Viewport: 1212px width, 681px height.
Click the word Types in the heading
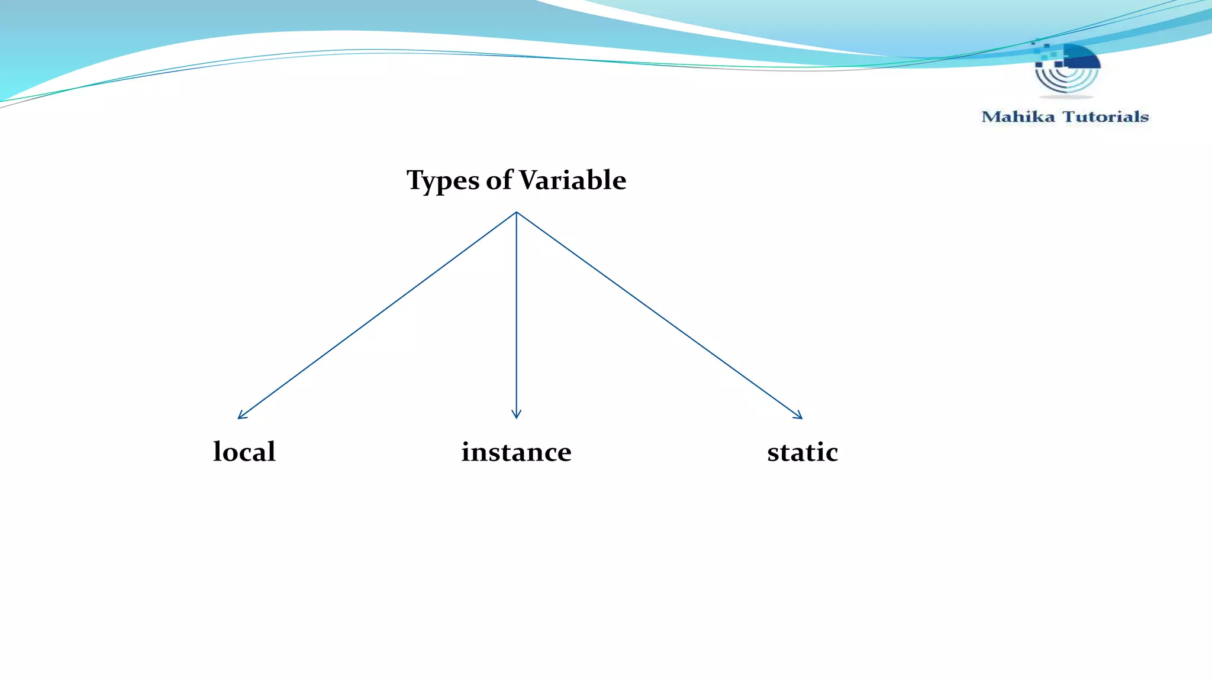(443, 180)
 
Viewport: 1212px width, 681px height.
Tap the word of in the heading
(499, 180)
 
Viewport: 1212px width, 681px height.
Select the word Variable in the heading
(572, 180)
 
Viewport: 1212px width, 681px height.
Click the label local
(244, 452)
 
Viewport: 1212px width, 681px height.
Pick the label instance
(516, 452)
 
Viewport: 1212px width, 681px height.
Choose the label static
(802, 452)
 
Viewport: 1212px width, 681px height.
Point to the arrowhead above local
(240, 417)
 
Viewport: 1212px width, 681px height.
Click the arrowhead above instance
(516, 416)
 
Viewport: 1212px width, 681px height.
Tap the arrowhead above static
(800, 417)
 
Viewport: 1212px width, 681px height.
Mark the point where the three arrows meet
(516, 212)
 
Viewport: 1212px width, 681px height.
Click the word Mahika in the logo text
(1018, 116)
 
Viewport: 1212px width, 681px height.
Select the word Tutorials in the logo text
(1105, 116)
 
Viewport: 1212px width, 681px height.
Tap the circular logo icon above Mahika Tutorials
(1066, 69)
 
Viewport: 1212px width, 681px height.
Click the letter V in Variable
(528, 180)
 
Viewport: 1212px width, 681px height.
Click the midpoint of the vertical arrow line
(516, 315)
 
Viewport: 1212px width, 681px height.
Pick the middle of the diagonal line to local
(377, 315)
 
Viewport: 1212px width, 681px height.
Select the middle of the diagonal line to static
(659, 315)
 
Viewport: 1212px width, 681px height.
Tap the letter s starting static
(773, 453)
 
